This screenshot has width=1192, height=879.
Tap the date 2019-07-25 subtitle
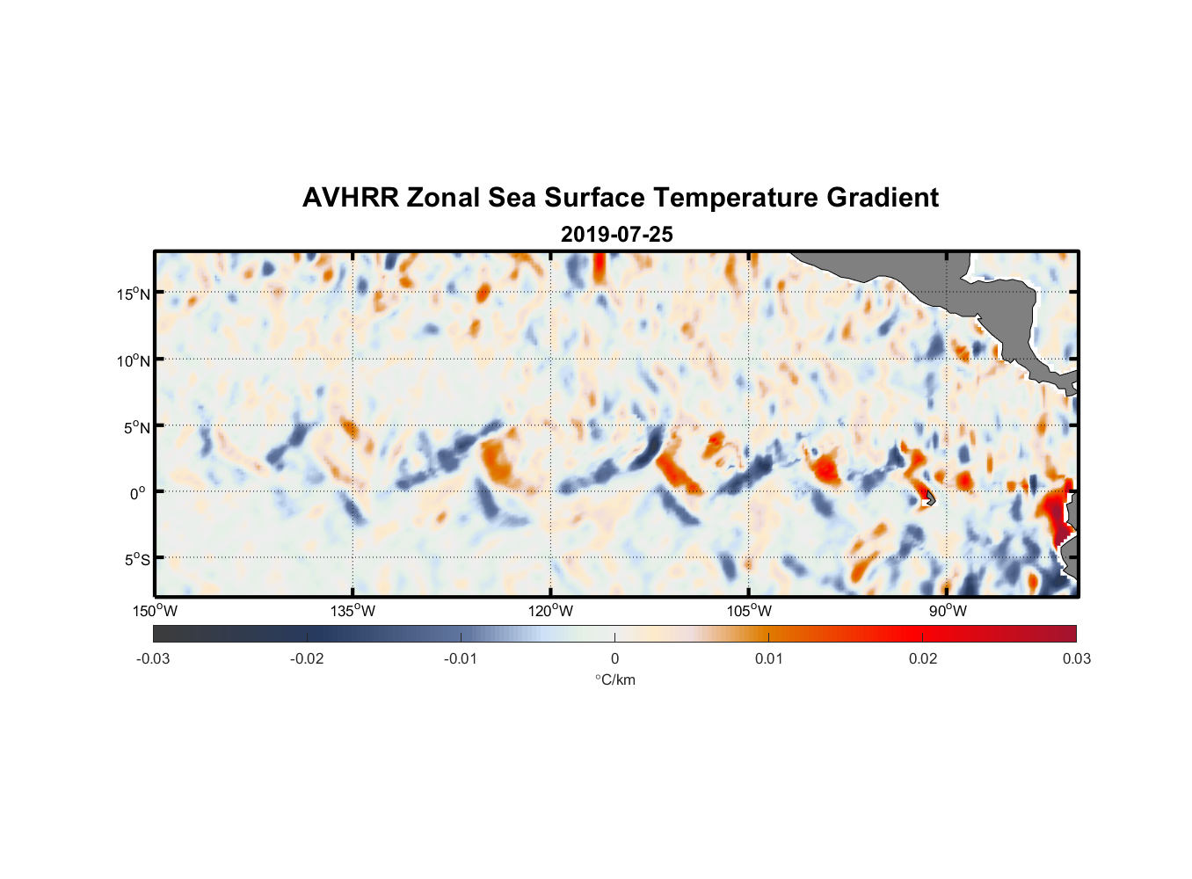click(616, 235)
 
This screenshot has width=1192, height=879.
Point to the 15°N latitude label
click(134, 294)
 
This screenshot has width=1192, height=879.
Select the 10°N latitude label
click(134, 360)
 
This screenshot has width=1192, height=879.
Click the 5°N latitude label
click(136, 427)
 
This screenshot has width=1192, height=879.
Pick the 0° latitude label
click(139, 493)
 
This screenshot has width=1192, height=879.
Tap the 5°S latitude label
click(136, 560)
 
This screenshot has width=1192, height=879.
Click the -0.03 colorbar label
click(153, 659)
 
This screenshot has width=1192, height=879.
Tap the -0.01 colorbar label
click(461, 659)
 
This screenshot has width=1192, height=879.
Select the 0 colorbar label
click(614, 659)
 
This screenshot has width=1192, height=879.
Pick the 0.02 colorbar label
click(923, 659)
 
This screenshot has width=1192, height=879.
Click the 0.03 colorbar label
click(1076, 659)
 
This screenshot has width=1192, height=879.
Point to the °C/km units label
click(614, 680)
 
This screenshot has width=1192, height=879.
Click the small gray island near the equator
click(929, 499)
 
